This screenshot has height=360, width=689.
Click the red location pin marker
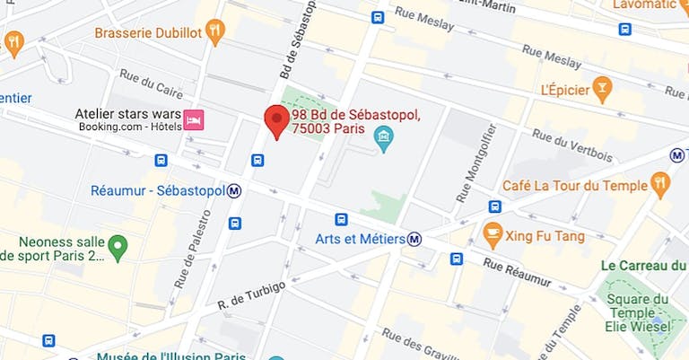pyautogui.click(x=275, y=121)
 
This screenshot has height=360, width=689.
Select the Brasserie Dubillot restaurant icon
pyautogui.click(x=215, y=33)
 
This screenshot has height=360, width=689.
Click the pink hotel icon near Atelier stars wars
pyautogui.click(x=194, y=119)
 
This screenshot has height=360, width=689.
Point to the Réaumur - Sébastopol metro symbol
pyautogui.click(x=234, y=190)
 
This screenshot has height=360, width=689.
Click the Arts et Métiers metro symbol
pyautogui.click(x=414, y=239)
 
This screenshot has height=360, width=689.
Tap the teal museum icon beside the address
pyautogui.click(x=385, y=139)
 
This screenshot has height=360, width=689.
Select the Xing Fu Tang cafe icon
pyautogui.click(x=493, y=236)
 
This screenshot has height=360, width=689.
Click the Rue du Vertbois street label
pyautogui.click(x=571, y=145)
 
